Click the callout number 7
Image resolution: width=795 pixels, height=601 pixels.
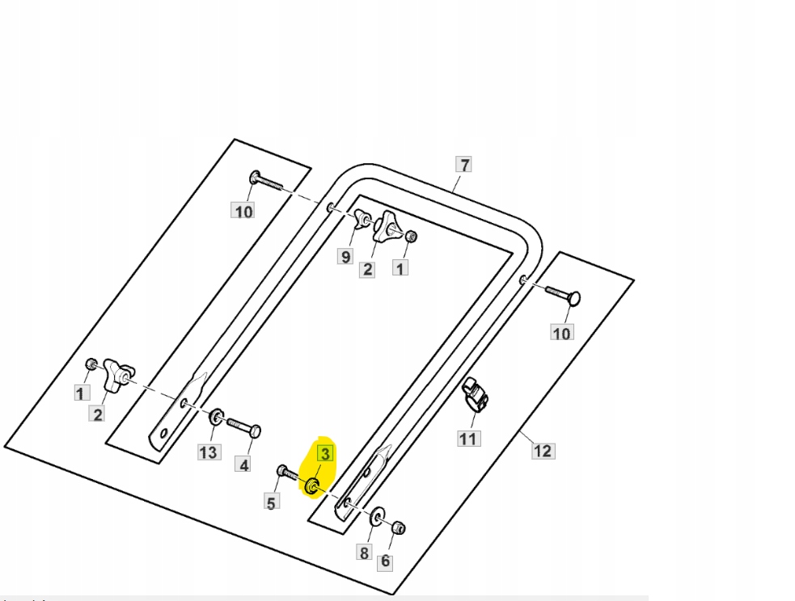pos(463,165)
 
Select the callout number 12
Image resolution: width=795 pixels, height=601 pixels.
pos(543,451)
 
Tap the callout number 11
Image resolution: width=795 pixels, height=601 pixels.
pos(468,439)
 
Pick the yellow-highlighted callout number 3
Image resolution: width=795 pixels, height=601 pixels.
pos(324,454)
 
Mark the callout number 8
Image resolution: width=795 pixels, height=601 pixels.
pos(364,553)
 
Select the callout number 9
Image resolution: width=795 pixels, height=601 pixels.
pos(345,256)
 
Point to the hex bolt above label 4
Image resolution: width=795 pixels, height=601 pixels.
pos(243,426)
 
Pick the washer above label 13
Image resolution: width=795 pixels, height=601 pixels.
pos(216,418)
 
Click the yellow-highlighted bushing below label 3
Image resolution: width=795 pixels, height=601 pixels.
pos(313,486)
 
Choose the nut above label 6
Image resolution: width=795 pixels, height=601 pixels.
pos(398,527)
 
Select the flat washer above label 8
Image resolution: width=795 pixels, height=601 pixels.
pos(378,517)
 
